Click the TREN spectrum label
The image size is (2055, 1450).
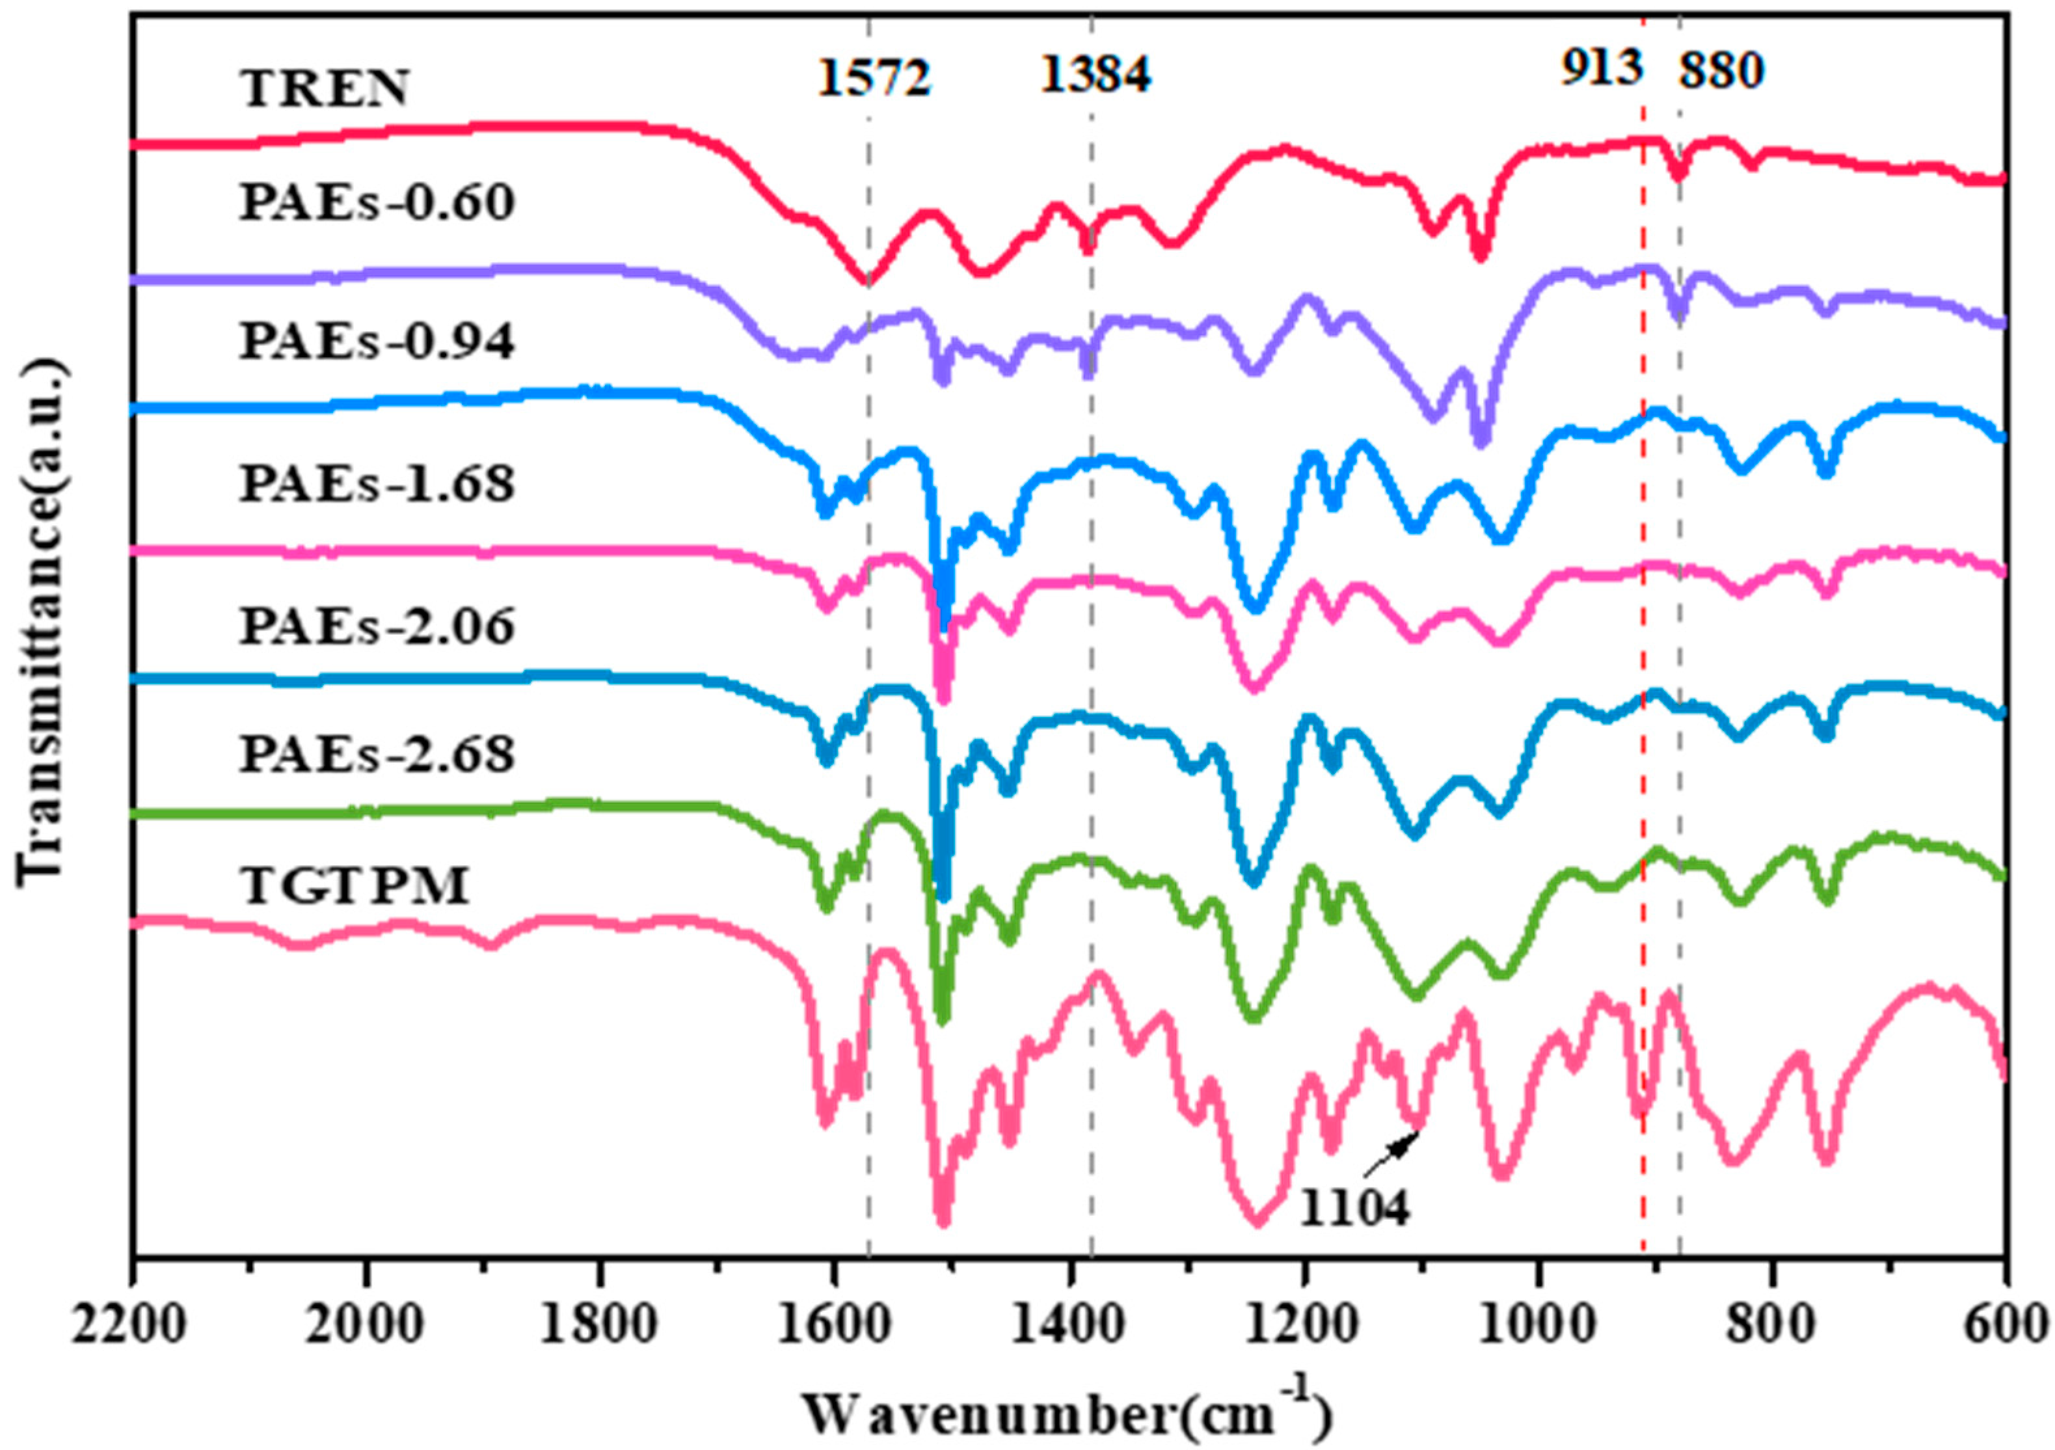coord(324,88)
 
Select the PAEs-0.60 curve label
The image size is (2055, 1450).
coord(377,202)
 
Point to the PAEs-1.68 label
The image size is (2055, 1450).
coord(377,483)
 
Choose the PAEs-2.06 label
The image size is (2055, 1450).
coord(377,626)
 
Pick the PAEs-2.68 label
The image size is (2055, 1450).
coord(377,754)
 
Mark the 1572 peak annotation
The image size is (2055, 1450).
coord(874,79)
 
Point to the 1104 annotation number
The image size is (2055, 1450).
coord(1354,1209)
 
